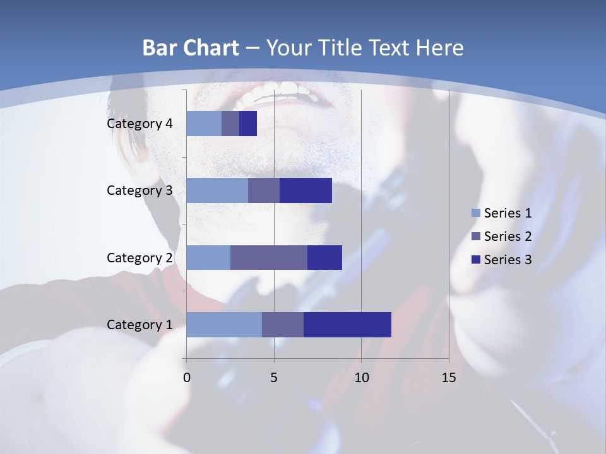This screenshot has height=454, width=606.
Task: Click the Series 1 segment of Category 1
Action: pos(224,324)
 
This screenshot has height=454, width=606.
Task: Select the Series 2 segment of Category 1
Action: pos(283,324)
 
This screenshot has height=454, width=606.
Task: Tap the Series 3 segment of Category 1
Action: pos(347,324)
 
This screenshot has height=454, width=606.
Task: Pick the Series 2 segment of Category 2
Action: pos(269,257)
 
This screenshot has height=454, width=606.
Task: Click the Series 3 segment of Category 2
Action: pos(324,257)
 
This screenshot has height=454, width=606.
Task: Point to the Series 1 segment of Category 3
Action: pos(217,190)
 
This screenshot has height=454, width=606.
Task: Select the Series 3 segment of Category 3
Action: pos(306,190)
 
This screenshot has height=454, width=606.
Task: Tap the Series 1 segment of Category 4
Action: pos(204,124)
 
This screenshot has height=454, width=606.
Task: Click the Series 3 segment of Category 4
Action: pos(248,124)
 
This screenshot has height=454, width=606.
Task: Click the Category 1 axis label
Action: pos(140,325)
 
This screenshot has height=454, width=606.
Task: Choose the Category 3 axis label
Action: pos(140,190)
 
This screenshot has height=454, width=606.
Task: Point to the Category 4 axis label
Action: pos(140,124)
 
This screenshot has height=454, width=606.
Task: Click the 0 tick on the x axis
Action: pos(187,378)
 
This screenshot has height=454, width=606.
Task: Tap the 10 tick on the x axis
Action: pos(361,378)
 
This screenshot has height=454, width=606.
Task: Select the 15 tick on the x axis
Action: pos(448,378)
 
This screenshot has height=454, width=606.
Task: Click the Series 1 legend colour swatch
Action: pos(475,213)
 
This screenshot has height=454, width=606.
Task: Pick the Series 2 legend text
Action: pos(508,236)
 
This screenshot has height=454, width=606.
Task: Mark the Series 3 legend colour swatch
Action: pos(475,260)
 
